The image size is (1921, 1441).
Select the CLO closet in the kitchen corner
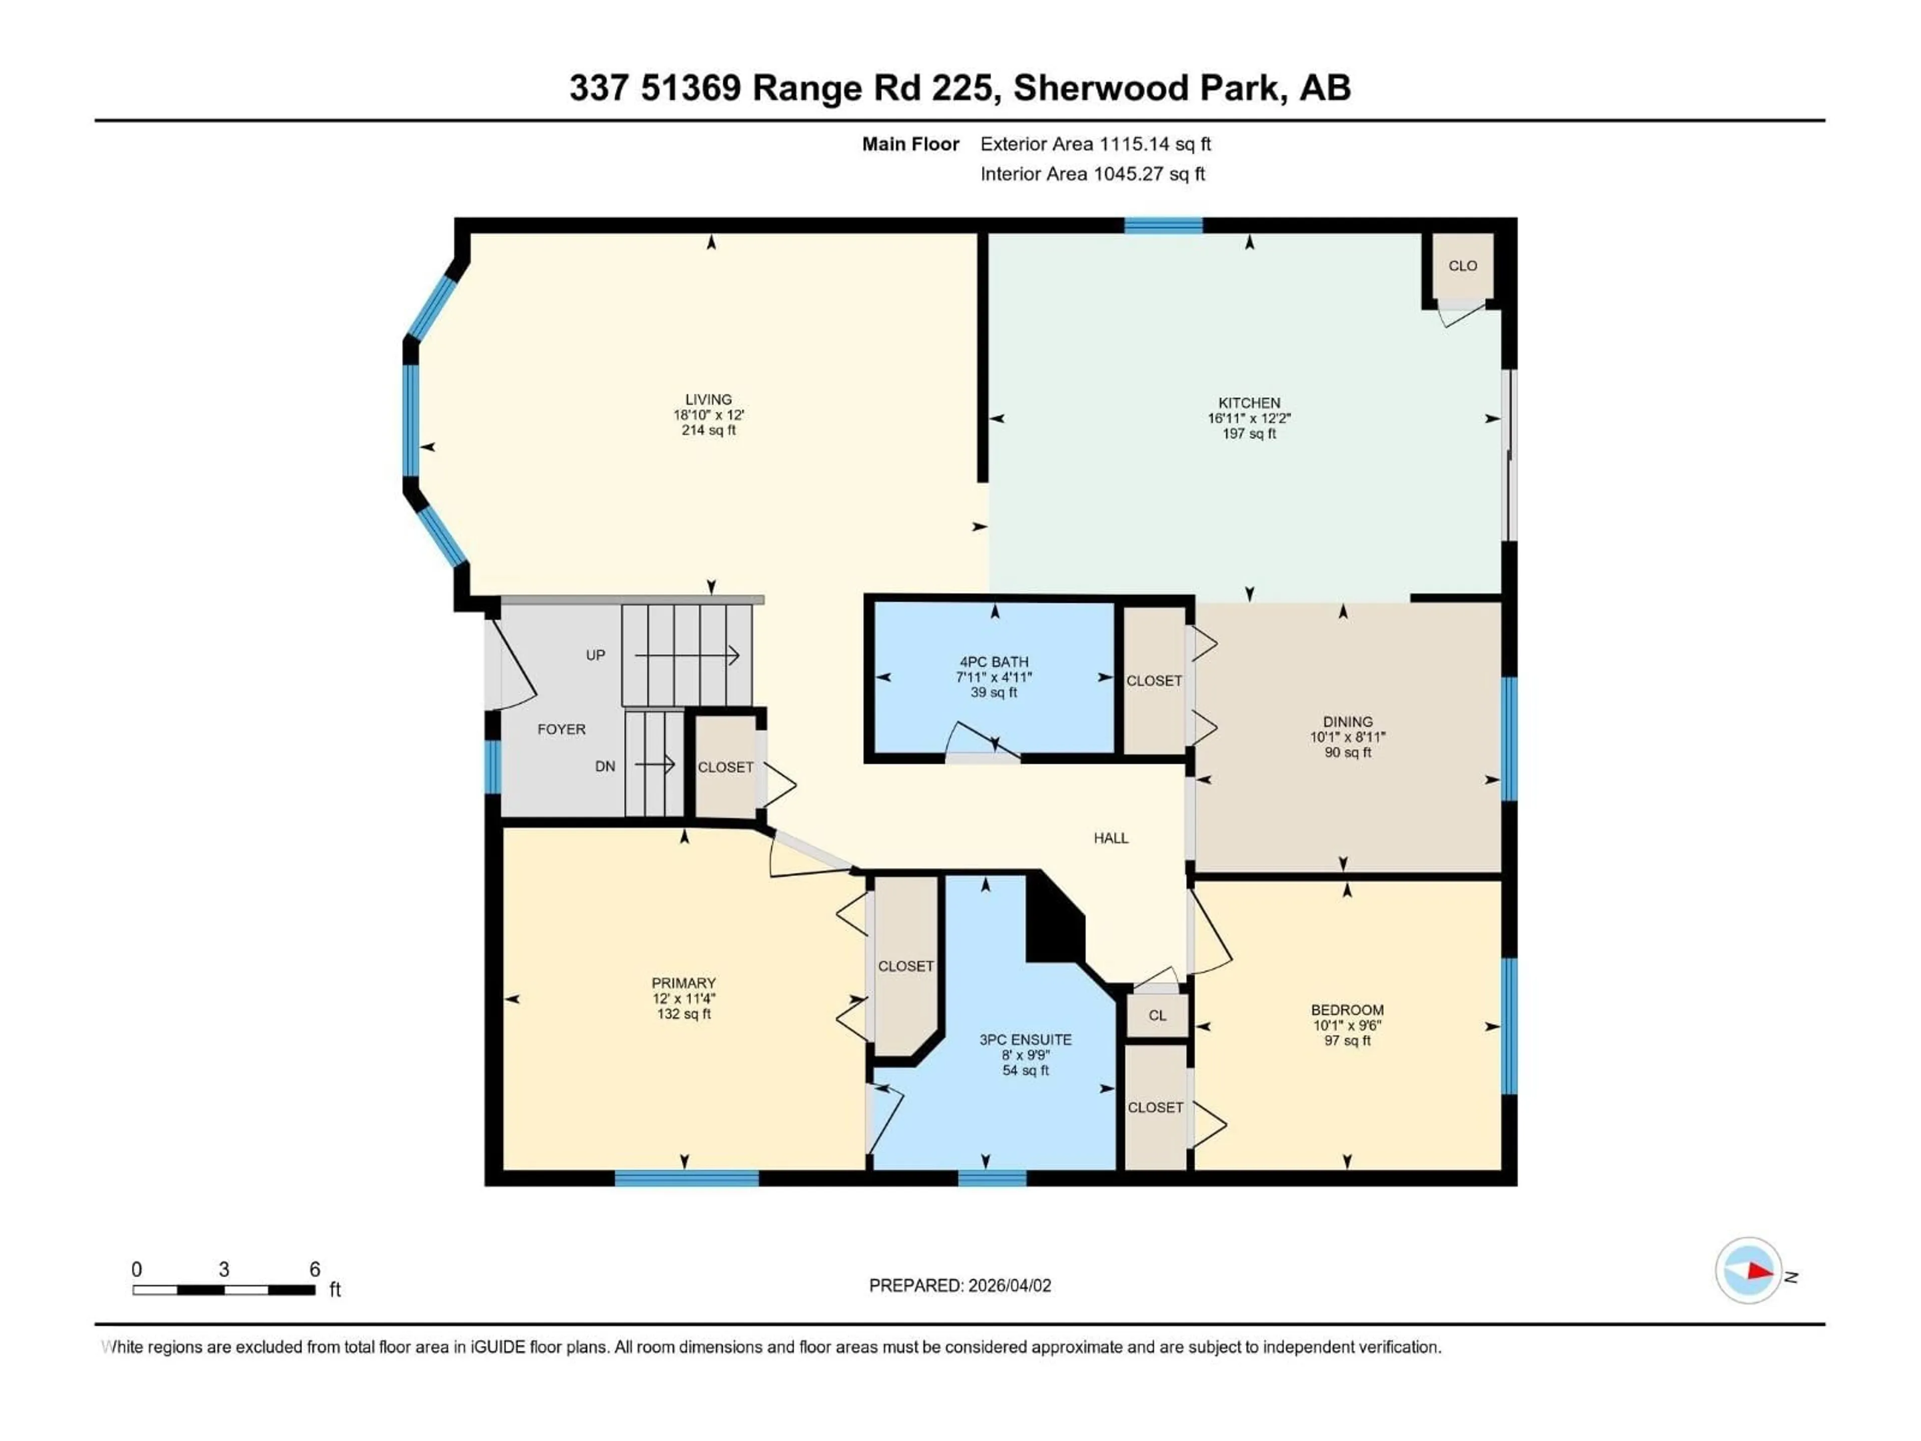tap(1462, 266)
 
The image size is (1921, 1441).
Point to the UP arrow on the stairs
tap(686, 655)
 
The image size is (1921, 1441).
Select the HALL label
tap(1111, 838)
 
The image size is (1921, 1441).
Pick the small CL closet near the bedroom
tap(1157, 1015)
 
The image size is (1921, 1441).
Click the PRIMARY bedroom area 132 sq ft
tap(683, 1014)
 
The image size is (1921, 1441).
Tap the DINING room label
tap(1348, 722)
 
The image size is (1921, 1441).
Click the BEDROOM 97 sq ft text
tap(1347, 1041)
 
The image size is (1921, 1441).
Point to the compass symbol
tap(1748, 1271)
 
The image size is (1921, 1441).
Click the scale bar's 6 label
tap(315, 1269)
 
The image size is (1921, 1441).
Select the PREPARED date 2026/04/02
tap(1008, 1285)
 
